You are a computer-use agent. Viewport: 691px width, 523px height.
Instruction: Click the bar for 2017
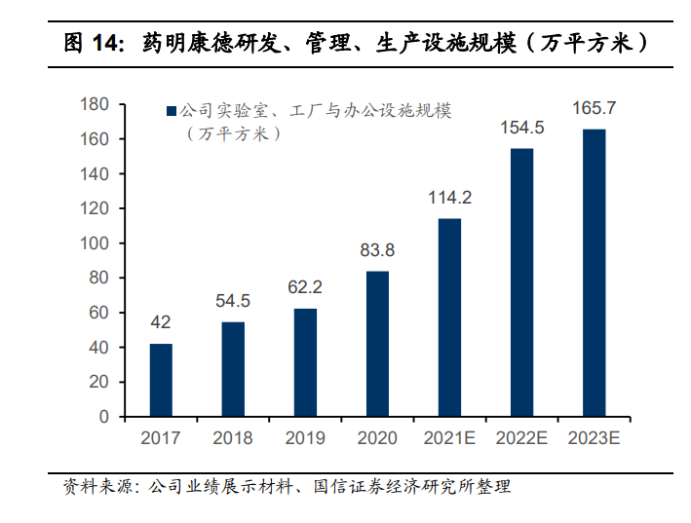pyautogui.click(x=161, y=380)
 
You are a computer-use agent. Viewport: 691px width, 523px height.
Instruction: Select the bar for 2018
pyautogui.click(x=233, y=369)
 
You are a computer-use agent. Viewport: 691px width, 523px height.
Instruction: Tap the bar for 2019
pyautogui.click(x=305, y=362)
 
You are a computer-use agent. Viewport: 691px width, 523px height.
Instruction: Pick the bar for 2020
pyautogui.click(x=377, y=344)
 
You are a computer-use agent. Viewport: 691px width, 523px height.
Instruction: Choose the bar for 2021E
pyautogui.click(x=449, y=318)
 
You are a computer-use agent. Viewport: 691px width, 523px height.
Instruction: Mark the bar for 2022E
pyautogui.click(x=521, y=282)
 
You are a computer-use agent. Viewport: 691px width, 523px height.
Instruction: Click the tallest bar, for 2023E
pyautogui.click(x=594, y=273)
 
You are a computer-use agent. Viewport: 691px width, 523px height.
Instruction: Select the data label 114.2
pyautogui.click(x=449, y=198)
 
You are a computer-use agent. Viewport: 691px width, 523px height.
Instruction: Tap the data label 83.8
pyautogui.click(x=377, y=250)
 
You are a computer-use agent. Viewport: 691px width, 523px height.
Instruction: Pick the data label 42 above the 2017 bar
pyautogui.click(x=161, y=322)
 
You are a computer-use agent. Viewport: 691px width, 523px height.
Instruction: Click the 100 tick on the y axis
pyautogui.click(x=95, y=243)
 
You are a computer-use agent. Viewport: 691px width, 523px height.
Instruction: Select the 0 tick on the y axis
pyautogui.click(x=103, y=417)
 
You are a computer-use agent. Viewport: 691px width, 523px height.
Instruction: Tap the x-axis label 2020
pyautogui.click(x=377, y=438)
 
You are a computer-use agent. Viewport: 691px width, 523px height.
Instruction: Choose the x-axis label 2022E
pyautogui.click(x=521, y=438)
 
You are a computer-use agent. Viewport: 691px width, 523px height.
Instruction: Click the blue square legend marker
pyautogui.click(x=173, y=112)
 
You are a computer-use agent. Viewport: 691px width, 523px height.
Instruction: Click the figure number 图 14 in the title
pyautogui.click(x=92, y=43)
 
